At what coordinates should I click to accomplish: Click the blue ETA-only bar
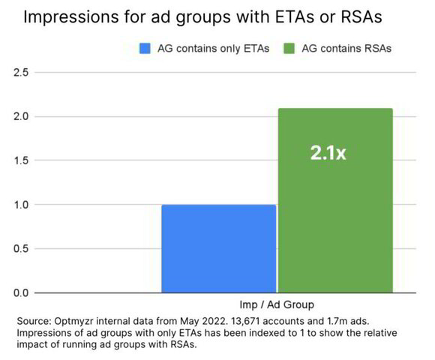[219, 248]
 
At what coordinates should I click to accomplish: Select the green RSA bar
[336, 200]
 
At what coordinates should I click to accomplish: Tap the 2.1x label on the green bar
[328, 153]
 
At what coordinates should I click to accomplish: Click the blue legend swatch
[145, 49]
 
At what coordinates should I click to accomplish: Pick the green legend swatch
[289, 49]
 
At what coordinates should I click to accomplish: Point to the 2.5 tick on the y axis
[21, 73]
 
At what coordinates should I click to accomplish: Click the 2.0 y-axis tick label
[21, 116]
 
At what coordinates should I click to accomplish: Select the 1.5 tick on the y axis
[21, 160]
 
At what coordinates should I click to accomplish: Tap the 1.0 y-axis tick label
[21, 205]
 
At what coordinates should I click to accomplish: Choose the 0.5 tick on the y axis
[21, 248]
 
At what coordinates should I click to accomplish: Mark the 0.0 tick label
[21, 292]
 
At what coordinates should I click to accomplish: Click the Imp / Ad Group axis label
[277, 304]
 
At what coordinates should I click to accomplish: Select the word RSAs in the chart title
[361, 16]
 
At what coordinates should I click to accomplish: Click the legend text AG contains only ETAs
[214, 49]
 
